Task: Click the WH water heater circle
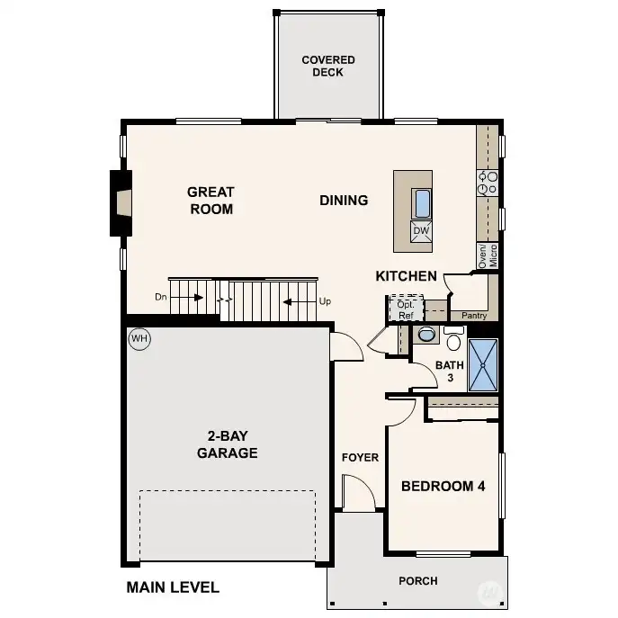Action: click(x=139, y=338)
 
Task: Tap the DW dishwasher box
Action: click(x=421, y=231)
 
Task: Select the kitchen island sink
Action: click(x=421, y=203)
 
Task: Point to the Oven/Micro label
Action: click(x=488, y=255)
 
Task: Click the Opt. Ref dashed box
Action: click(x=406, y=308)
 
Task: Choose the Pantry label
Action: click(x=474, y=316)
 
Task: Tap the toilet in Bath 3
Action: click(x=453, y=338)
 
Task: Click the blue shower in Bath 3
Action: click(x=483, y=365)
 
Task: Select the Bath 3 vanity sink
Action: click(x=425, y=335)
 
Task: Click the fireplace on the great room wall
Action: click(x=121, y=203)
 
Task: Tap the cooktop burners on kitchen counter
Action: click(x=488, y=184)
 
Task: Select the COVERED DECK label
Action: click(x=328, y=66)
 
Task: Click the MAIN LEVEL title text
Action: click(x=173, y=587)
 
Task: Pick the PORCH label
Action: click(x=418, y=581)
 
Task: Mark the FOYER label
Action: click(x=360, y=457)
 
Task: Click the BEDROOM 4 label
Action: click(x=443, y=486)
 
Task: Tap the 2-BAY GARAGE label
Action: click(x=228, y=444)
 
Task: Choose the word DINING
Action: click(x=344, y=201)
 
